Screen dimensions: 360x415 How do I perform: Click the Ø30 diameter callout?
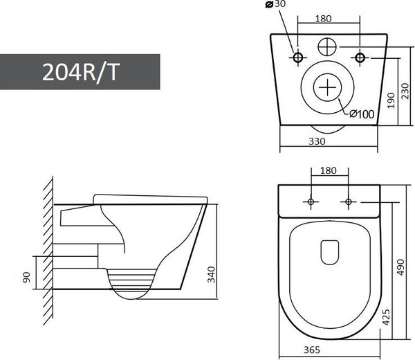(x=275, y=6)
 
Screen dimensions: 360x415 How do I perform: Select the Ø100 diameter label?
(x=362, y=114)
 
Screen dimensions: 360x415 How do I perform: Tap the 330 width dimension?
(x=317, y=141)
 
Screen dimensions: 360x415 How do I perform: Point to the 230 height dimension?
(x=407, y=91)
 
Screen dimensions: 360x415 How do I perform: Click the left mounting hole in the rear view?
(x=299, y=55)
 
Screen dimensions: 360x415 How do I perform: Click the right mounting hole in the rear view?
(x=360, y=55)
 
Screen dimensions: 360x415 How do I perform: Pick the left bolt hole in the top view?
(x=311, y=201)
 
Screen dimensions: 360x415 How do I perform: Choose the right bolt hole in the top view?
(x=348, y=201)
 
